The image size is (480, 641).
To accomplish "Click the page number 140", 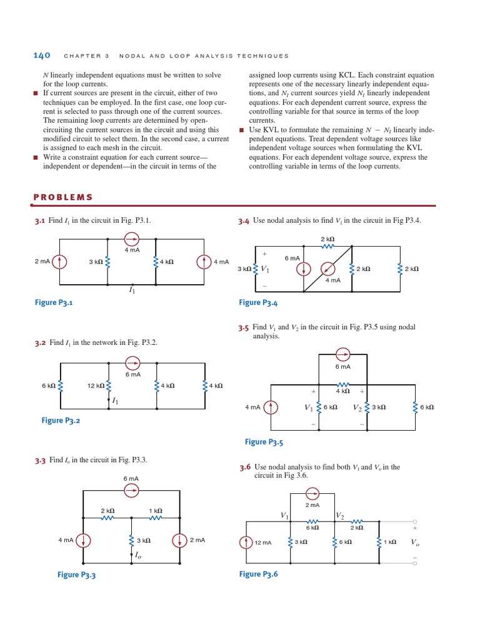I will (x=42, y=55).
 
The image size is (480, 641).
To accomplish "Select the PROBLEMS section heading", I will (x=62, y=197).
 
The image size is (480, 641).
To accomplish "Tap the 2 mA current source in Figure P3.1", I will (x=60, y=262).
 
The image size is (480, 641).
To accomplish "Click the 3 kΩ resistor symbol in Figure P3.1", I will (x=108, y=262).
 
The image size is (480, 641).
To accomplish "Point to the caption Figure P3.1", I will (x=54, y=302).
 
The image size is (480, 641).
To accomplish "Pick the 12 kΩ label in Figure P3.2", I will (x=95, y=386).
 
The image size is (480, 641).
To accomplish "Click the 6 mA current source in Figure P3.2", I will (x=132, y=363).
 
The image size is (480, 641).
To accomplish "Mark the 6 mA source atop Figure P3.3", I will (x=132, y=491).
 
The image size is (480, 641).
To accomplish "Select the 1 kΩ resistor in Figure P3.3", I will (x=156, y=518).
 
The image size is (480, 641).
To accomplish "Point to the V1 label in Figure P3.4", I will (x=265, y=269).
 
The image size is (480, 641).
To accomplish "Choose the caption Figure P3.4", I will (x=258, y=302).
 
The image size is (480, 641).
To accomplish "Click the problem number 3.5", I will (x=243, y=327).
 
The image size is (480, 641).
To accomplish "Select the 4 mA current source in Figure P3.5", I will (x=270, y=408).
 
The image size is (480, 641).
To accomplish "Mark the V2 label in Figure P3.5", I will (x=357, y=408).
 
